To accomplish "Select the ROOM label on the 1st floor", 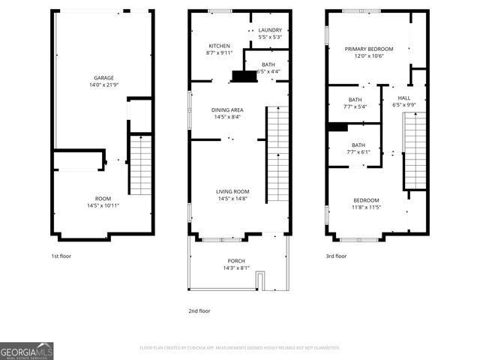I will point(103,198).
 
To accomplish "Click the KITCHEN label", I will point(219,46).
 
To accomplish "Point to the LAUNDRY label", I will point(270,30).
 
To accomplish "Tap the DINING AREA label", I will point(227,109).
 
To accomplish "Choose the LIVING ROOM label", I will point(232,191).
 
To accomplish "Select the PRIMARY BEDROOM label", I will point(369,49).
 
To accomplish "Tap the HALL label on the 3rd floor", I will point(403,97).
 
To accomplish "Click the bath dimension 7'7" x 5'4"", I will point(355,106).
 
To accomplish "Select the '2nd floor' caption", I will point(199,310).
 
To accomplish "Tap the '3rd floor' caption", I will point(336,256).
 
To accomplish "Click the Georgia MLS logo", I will point(27,351).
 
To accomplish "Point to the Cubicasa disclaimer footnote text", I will point(239,347).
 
